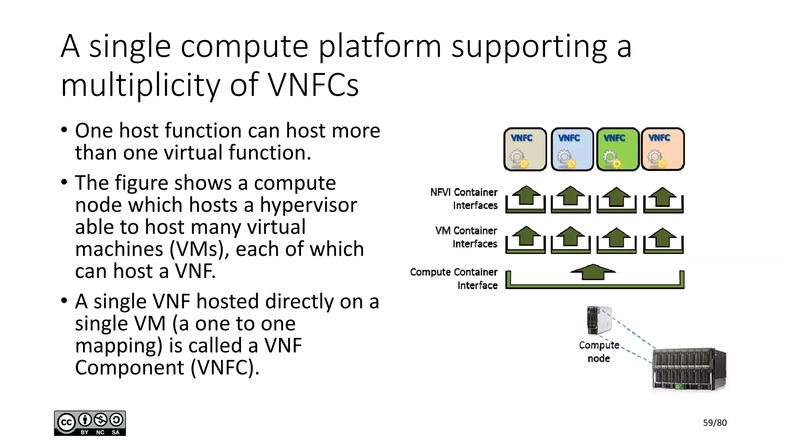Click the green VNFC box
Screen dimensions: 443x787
(x=617, y=149)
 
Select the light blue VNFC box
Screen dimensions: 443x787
(x=572, y=149)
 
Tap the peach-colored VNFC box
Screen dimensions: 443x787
(x=663, y=149)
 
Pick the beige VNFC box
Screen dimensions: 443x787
(x=525, y=149)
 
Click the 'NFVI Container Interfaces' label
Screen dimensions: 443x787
(x=464, y=199)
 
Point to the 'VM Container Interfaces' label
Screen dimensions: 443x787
(x=467, y=237)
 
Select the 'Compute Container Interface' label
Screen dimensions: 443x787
(x=454, y=278)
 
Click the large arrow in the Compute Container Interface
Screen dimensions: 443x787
(x=593, y=271)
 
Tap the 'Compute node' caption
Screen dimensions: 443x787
(x=599, y=351)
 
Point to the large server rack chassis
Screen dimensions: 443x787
(x=689, y=370)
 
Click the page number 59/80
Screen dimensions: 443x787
(x=714, y=423)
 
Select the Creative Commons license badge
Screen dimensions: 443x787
(x=90, y=423)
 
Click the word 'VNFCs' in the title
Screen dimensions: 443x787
(x=313, y=85)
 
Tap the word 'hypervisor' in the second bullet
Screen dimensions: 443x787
(x=308, y=205)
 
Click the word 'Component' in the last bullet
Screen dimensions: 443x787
(x=130, y=367)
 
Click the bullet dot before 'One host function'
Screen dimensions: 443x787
(x=64, y=130)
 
